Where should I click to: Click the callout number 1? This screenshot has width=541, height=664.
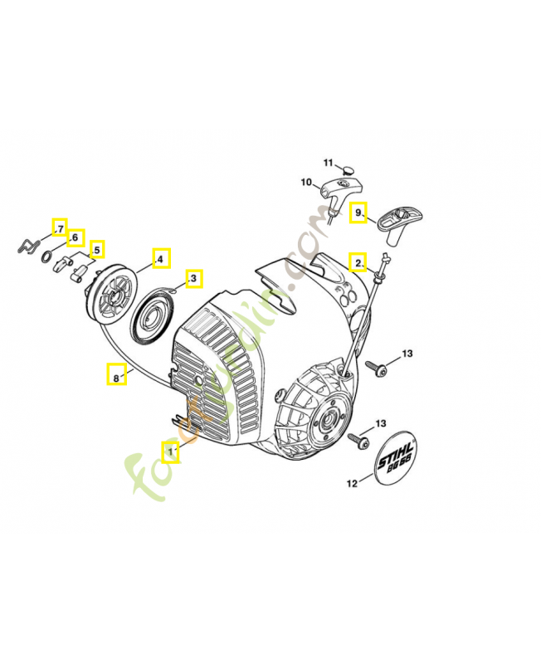(171, 452)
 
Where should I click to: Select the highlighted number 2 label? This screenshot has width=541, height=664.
(358, 262)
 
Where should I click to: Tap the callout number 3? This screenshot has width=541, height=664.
(193, 278)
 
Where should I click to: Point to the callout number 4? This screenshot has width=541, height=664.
(161, 258)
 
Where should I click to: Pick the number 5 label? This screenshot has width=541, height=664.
(97, 249)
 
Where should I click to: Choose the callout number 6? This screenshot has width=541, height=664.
(75, 238)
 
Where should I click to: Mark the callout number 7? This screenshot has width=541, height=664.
(59, 227)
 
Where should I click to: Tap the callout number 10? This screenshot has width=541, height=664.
(305, 182)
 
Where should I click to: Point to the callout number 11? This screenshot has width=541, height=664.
(328, 162)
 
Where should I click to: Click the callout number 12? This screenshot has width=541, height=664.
(352, 482)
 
